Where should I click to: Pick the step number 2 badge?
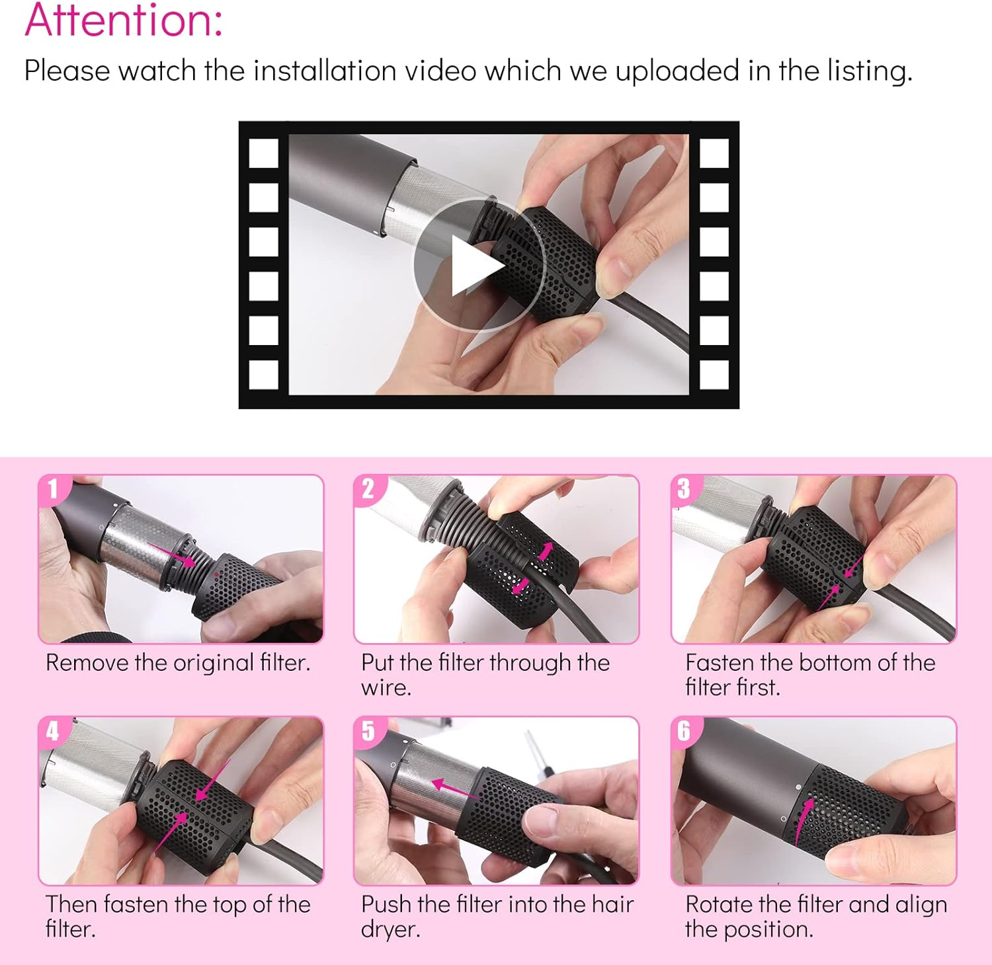click(x=368, y=489)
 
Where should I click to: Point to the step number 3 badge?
click(x=684, y=489)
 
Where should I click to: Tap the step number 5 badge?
click(x=368, y=731)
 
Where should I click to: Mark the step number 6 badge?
click(x=684, y=731)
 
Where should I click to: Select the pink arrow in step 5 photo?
click(x=457, y=787)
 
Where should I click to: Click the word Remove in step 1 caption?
click(x=87, y=663)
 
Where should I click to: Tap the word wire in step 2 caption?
click(x=386, y=688)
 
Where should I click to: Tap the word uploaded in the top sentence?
click(x=677, y=71)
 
